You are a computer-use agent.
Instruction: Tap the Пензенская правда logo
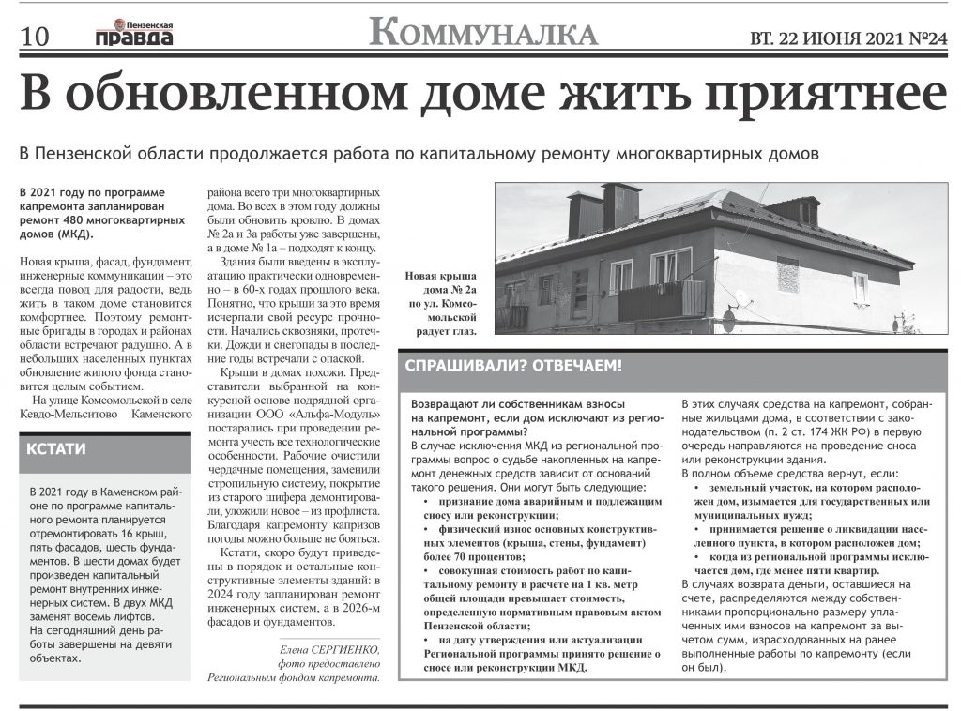134,33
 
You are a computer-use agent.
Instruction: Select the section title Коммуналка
483,33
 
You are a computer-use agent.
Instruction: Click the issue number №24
927,38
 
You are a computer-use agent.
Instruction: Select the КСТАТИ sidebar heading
58,448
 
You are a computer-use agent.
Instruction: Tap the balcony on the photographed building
663,297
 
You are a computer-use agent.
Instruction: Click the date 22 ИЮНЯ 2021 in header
844,38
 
